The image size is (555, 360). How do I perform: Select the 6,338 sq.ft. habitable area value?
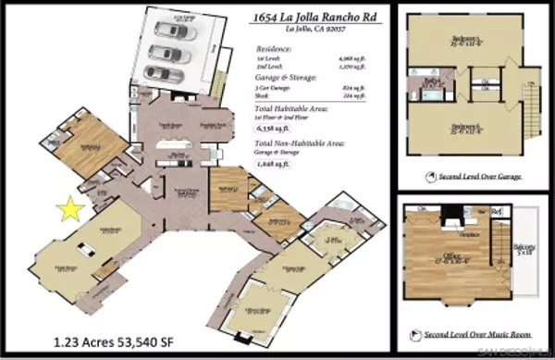tap(277, 131)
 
